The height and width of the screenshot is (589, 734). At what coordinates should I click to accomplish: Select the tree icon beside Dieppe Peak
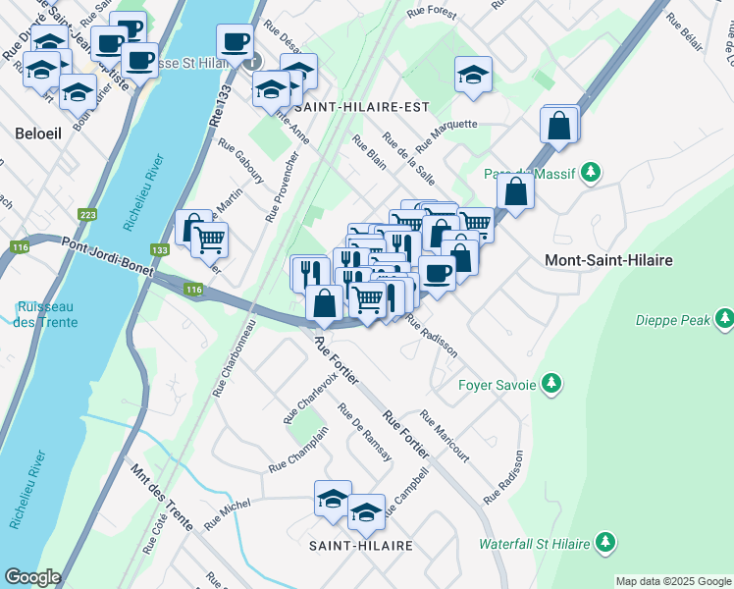(x=724, y=318)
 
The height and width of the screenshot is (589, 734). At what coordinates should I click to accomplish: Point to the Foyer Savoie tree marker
(x=552, y=384)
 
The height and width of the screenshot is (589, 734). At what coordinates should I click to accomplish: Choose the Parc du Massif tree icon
(x=590, y=173)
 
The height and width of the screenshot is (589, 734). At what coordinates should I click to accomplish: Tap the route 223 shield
(x=87, y=215)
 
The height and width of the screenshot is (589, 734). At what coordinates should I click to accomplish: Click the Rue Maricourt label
(x=445, y=436)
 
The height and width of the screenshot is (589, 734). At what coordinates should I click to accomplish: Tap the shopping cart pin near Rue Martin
(x=209, y=239)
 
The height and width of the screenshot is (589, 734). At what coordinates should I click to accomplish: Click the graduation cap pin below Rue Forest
(x=473, y=74)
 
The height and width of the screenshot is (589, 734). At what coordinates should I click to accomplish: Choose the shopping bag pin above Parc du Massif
(x=558, y=126)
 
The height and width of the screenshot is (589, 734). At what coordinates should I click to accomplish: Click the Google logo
(x=32, y=577)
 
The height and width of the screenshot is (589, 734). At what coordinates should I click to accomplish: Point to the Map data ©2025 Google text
(x=672, y=581)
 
